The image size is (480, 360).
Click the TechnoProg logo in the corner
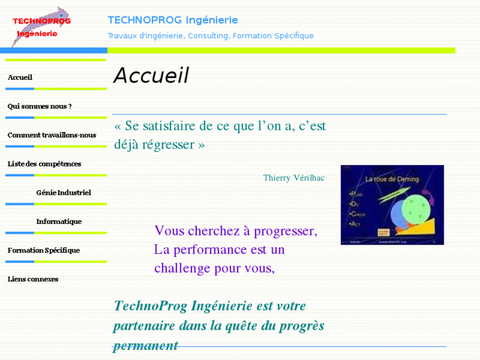pyautogui.click(x=42, y=26)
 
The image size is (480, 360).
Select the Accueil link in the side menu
pyautogui.click(x=20, y=77)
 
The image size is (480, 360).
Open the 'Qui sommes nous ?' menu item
pyautogui.click(x=40, y=106)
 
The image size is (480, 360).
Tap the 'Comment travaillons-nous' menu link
pyautogui.click(x=51, y=135)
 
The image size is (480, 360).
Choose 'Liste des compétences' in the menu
pyautogui.click(x=44, y=163)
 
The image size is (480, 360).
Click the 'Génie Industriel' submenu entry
pyautogui.click(x=63, y=192)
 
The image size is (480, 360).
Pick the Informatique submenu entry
pyautogui.click(x=59, y=221)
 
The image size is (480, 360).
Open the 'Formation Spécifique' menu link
pyautogui.click(x=44, y=250)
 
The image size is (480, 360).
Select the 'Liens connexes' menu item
pyautogui.click(x=33, y=279)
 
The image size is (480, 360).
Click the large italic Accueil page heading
pyautogui.click(x=151, y=76)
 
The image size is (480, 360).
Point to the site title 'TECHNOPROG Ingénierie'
pyautogui.click(x=173, y=20)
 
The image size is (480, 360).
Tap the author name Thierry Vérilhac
pyautogui.click(x=294, y=178)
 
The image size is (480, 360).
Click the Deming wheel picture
pyautogui.click(x=392, y=205)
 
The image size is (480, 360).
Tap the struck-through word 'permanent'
pyautogui.click(x=145, y=345)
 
